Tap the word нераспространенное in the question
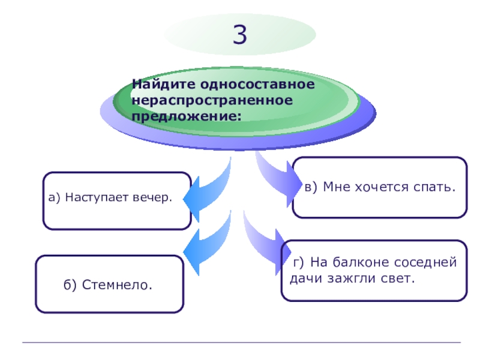coord(212,98)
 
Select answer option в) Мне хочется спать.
coord(380,187)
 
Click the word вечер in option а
coord(152,197)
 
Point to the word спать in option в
coord(434,187)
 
